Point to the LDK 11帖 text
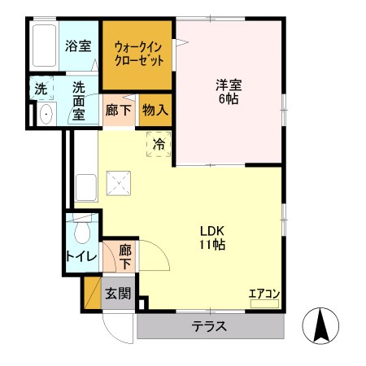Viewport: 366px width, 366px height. click(212, 236)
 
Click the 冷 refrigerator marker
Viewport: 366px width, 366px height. click(159, 144)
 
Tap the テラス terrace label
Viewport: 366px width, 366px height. click(209, 327)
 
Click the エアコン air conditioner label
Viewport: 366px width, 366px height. click(264, 294)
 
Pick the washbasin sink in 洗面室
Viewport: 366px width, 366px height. click(45, 114)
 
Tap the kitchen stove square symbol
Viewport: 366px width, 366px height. click(120, 184)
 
